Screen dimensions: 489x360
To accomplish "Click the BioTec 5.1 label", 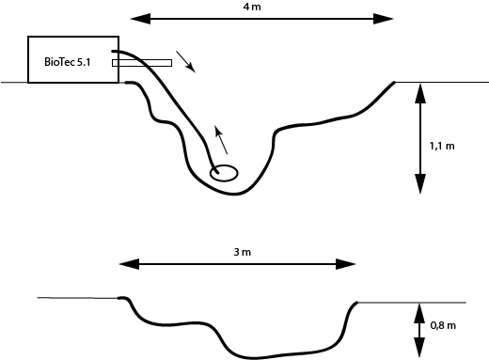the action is [x=68, y=62].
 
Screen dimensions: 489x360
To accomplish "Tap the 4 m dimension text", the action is [x=252, y=7].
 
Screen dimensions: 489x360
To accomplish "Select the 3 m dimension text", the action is [x=243, y=252].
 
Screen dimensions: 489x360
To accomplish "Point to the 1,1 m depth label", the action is [x=442, y=146].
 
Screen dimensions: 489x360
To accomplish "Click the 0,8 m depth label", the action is [x=443, y=325].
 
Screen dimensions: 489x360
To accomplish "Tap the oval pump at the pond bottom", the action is [x=224, y=173].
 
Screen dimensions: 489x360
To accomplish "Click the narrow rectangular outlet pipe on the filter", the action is [x=142, y=63].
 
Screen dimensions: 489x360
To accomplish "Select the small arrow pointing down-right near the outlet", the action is [x=185, y=61].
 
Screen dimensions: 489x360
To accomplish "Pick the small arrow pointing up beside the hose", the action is [x=221, y=140].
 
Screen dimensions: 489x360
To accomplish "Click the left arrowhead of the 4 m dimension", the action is [x=140, y=19].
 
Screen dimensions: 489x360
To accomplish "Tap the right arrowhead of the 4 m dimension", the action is [x=383, y=19].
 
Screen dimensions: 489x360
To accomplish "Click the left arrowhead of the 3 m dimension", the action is [x=129, y=264].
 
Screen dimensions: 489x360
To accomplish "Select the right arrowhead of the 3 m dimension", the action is [x=346, y=264].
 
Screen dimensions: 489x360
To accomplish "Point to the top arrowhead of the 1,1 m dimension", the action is [x=420, y=93].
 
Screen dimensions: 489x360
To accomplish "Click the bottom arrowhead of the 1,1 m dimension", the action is [x=420, y=184].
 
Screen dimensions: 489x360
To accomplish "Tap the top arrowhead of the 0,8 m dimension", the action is [x=419, y=314].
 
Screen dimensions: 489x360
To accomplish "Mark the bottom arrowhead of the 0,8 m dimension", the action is [x=419, y=348].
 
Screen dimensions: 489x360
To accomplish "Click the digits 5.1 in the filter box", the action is [x=84, y=62].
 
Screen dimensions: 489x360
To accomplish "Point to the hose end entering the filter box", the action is [x=113, y=51].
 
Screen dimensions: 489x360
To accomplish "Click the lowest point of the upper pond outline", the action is [x=234, y=195].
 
